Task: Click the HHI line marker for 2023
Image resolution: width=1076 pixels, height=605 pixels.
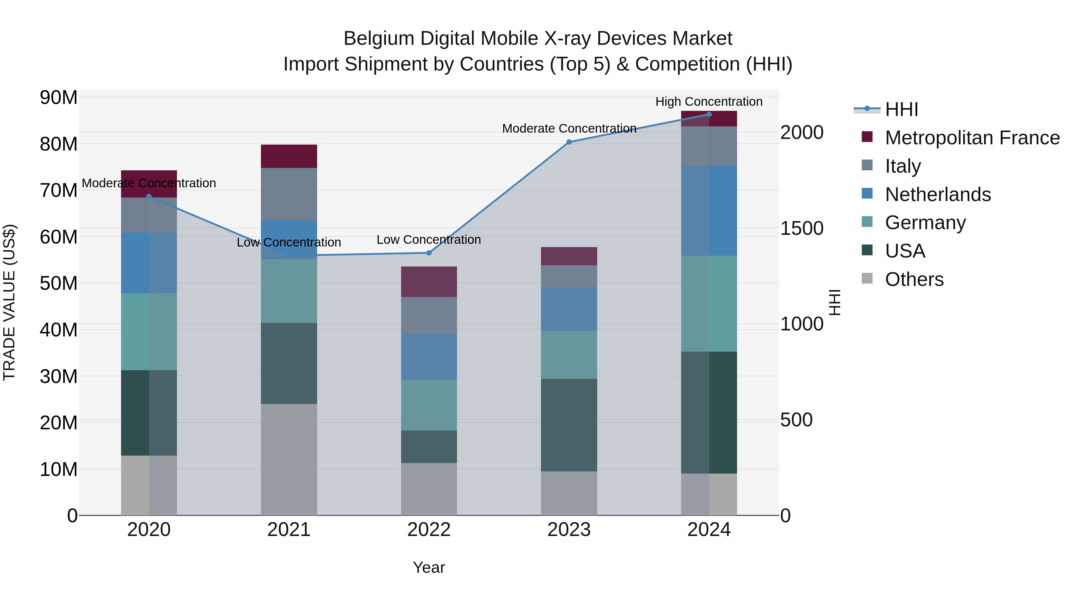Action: [568, 142]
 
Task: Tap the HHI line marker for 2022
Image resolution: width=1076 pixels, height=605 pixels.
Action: [429, 252]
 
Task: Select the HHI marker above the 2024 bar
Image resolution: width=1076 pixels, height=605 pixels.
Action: [709, 114]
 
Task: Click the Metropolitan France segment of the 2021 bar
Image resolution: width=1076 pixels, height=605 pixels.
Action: [289, 156]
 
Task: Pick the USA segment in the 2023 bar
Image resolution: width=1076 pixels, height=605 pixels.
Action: [568, 425]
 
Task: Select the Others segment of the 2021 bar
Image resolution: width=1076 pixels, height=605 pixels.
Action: [289, 459]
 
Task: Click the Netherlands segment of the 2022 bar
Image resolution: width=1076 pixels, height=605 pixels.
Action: [429, 356]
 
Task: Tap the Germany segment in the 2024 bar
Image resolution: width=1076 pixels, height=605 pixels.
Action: [709, 304]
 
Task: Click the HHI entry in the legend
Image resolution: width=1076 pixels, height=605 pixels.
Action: [901, 109]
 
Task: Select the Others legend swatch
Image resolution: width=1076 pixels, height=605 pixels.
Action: [867, 278]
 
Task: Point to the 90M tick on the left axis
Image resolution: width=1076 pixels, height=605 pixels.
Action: [59, 98]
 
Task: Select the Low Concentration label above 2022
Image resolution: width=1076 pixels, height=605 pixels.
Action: [429, 240]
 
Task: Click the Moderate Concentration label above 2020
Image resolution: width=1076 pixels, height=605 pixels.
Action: [149, 183]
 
